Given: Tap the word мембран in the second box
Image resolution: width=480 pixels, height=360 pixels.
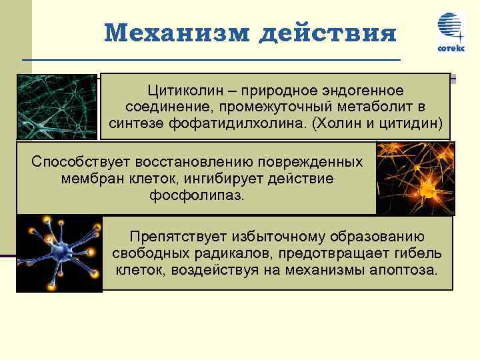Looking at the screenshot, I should tap(87, 179).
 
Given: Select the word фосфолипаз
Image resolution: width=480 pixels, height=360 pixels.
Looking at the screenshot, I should tap(198, 197).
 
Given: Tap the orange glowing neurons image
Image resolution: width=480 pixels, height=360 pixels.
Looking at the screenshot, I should tap(415, 178).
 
